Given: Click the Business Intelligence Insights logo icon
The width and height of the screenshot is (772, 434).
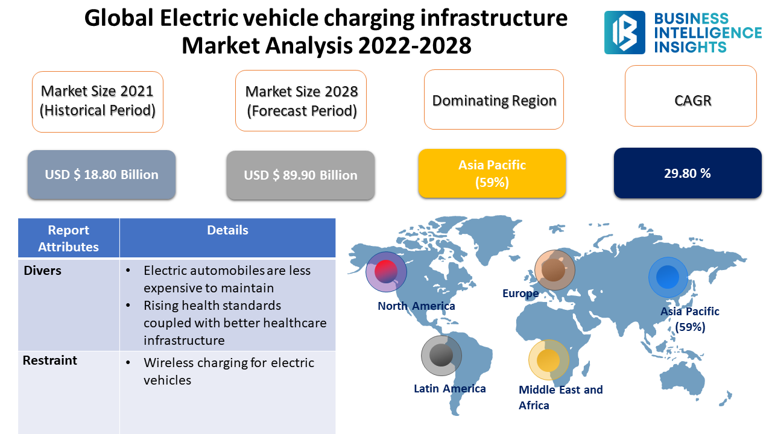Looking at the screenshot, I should (624, 33).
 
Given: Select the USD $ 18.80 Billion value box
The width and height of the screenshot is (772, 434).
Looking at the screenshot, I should (101, 175).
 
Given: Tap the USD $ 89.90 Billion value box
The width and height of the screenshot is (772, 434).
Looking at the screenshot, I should (300, 175).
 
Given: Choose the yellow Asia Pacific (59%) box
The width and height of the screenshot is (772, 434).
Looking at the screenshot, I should (492, 174).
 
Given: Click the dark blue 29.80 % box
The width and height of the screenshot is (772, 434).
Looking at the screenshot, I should (688, 173).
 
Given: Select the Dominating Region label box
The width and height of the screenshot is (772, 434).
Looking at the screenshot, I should (494, 99).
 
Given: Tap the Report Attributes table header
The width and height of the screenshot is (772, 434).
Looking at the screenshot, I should (69, 238).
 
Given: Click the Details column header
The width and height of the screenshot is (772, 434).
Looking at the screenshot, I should (227, 230).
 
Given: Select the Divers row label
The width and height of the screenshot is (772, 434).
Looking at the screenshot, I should (43, 271).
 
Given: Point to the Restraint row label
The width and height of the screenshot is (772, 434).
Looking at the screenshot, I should (50, 360).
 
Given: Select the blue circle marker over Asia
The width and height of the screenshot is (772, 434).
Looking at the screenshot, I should (668, 277).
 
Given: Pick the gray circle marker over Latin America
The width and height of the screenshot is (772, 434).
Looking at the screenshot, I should (441, 356).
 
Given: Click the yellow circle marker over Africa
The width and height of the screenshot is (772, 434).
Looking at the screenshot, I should (548, 360).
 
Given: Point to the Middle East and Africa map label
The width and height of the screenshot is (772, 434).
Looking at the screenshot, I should (560, 397).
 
